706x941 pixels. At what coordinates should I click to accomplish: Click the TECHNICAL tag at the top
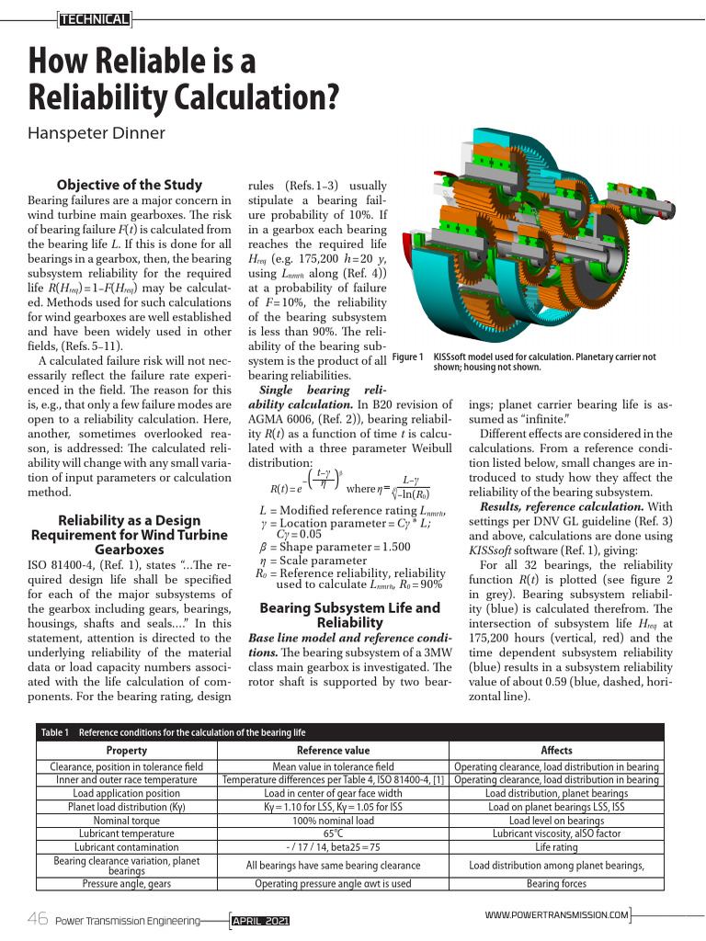point(94,18)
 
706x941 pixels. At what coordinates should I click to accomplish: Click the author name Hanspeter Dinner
point(97,133)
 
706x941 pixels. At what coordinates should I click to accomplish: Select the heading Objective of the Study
point(130,185)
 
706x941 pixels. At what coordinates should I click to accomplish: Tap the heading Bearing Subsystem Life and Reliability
point(350,615)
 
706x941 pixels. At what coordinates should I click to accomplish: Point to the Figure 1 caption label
point(406,357)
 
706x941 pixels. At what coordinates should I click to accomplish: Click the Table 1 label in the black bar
point(56,732)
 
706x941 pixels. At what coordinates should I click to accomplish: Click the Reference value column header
point(335,751)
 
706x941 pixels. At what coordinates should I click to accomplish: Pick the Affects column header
point(556,751)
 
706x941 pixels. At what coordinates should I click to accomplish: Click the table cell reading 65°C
point(335,833)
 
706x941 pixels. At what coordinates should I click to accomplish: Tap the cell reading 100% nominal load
point(335,821)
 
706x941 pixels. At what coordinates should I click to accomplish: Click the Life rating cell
point(556,846)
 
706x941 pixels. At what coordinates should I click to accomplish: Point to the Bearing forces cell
point(556,884)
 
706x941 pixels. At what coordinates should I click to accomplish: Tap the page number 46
point(38,920)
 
